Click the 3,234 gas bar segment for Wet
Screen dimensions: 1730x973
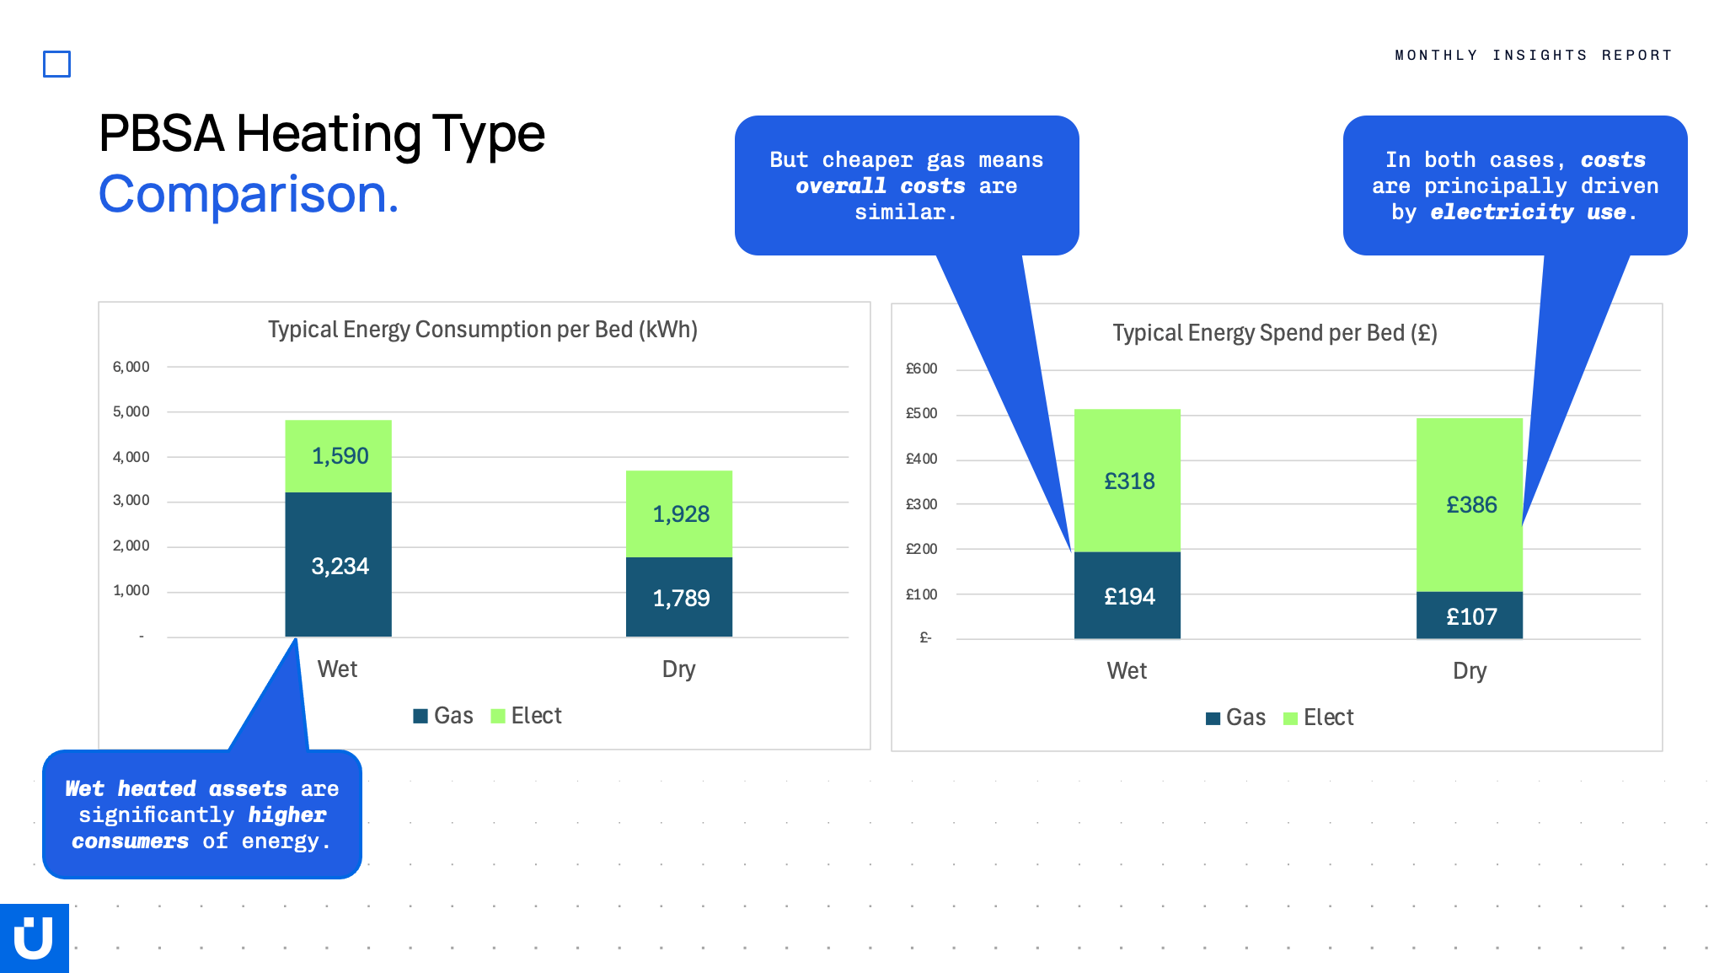pos(338,564)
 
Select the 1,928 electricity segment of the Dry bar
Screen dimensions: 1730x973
pos(678,513)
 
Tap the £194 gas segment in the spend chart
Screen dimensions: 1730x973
pos(1127,595)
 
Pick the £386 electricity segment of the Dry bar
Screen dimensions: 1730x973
pos(1469,504)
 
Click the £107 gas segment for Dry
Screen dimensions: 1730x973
pos(1469,616)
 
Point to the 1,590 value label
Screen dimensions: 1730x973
pos(340,456)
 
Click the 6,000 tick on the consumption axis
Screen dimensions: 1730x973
pos(131,367)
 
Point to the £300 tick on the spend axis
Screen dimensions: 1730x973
pos(921,504)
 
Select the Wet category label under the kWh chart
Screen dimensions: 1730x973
pos(337,669)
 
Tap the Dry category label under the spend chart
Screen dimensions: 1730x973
pos(1470,671)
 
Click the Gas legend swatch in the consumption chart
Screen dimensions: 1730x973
pos(420,716)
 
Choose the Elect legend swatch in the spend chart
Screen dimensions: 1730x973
pos(1290,718)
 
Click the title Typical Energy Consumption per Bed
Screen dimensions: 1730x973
pos(483,330)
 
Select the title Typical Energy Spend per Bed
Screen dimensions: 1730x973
pos(1275,333)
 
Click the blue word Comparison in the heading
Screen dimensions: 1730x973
pos(249,195)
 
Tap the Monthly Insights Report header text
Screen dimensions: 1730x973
pos(1534,56)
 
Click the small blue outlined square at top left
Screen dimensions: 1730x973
pos(56,64)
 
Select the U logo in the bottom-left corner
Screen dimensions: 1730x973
pos(35,938)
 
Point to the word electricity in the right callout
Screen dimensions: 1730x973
pos(1502,212)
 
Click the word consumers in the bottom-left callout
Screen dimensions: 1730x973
pos(130,841)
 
